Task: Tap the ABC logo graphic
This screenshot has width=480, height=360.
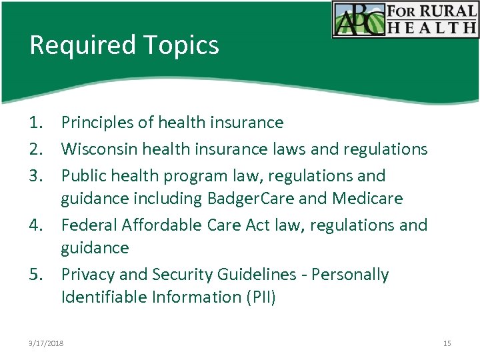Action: tap(359, 19)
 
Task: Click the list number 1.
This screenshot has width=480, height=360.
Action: tap(35, 123)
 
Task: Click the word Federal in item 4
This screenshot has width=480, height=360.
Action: tap(89, 225)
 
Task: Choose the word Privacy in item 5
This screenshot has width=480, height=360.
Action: tap(86, 275)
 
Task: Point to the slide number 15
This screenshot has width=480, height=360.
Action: tap(447, 343)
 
